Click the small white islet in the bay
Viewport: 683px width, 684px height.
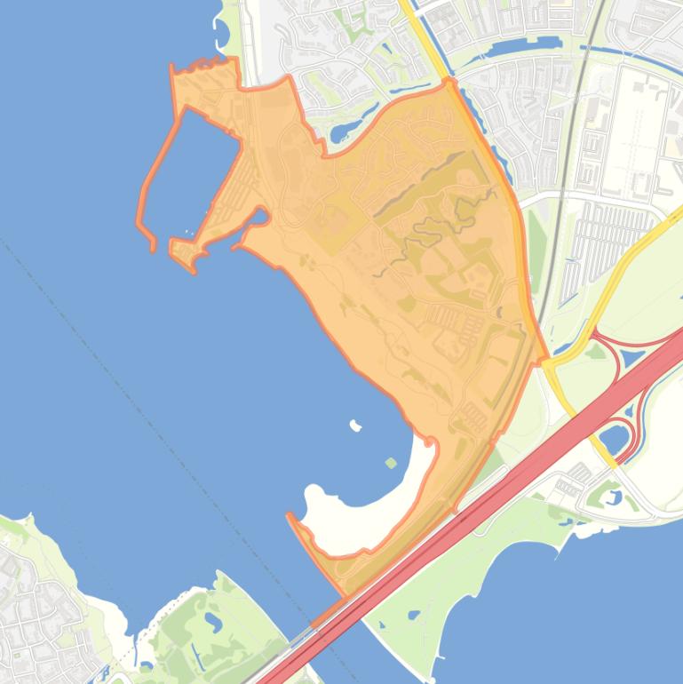coord(356,426)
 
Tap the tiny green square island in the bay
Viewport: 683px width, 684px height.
coord(392,463)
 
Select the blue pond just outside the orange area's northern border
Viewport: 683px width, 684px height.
coord(343,133)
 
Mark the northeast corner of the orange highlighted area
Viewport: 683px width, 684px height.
coord(449,81)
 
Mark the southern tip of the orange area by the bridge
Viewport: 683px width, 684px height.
coord(342,593)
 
